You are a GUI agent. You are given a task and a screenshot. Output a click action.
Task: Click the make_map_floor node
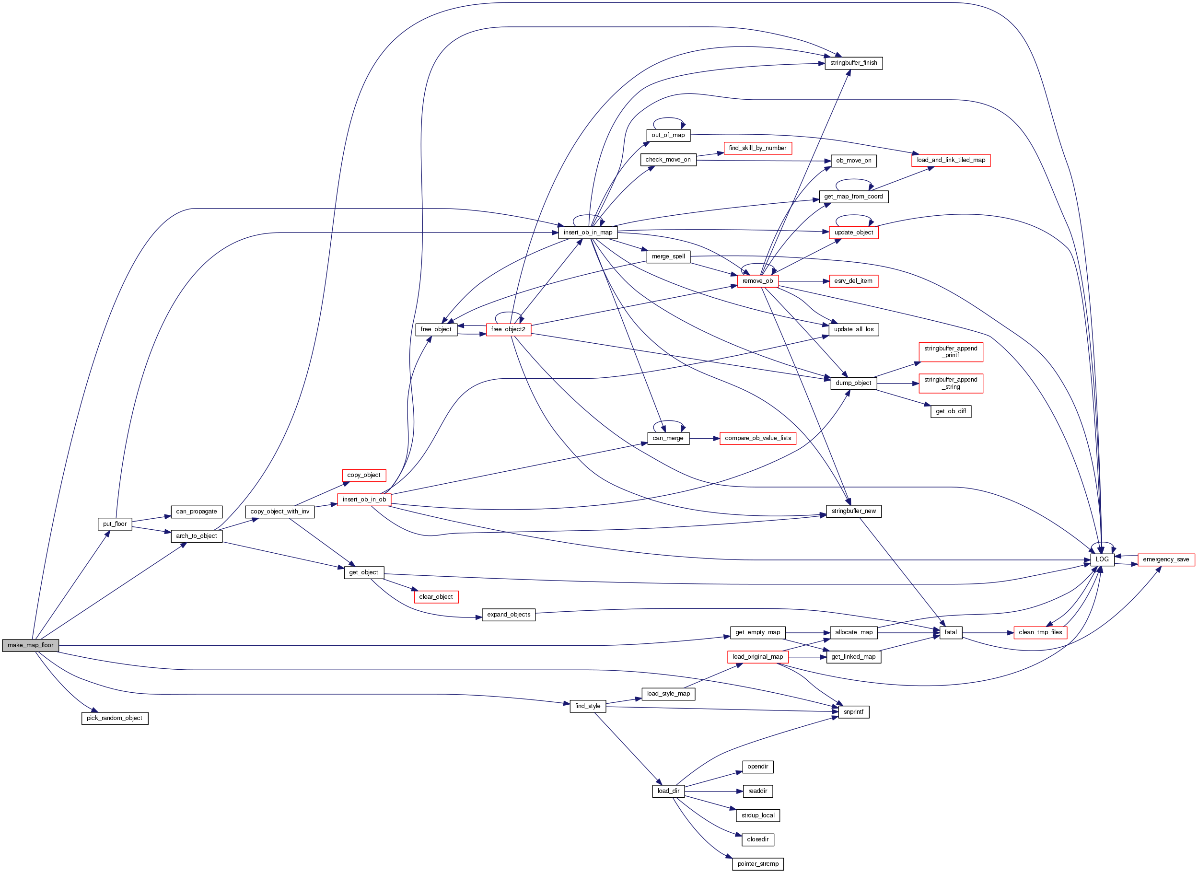(x=30, y=645)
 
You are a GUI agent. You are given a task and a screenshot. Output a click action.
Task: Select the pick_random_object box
(x=115, y=718)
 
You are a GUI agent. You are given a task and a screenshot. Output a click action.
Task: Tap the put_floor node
(x=115, y=524)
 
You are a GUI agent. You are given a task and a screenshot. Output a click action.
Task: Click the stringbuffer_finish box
(x=853, y=63)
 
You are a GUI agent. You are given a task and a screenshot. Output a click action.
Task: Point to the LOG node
(x=1102, y=559)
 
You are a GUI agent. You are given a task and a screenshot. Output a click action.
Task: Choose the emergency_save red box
(x=1166, y=559)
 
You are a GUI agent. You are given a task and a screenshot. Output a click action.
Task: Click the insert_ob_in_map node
(x=588, y=233)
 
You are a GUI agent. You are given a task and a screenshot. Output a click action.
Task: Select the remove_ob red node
(x=757, y=281)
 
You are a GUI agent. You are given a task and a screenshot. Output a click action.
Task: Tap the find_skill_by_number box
(x=757, y=148)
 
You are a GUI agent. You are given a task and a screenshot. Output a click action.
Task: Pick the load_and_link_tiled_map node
(x=951, y=160)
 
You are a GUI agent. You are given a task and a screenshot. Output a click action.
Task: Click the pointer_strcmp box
(x=758, y=864)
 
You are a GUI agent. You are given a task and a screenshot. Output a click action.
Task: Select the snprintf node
(x=853, y=712)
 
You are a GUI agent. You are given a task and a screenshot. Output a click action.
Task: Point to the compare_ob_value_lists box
(x=758, y=438)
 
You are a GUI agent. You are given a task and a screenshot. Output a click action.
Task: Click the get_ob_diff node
(x=951, y=411)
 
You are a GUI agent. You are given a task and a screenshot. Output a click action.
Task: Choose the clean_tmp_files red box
(x=1040, y=632)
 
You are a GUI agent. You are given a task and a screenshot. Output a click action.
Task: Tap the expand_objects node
(x=508, y=615)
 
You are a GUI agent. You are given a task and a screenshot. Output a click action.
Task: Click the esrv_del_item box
(x=853, y=281)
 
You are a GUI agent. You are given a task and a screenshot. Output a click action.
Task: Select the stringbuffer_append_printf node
(x=951, y=352)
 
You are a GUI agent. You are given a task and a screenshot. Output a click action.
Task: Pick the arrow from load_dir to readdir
(x=713, y=791)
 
